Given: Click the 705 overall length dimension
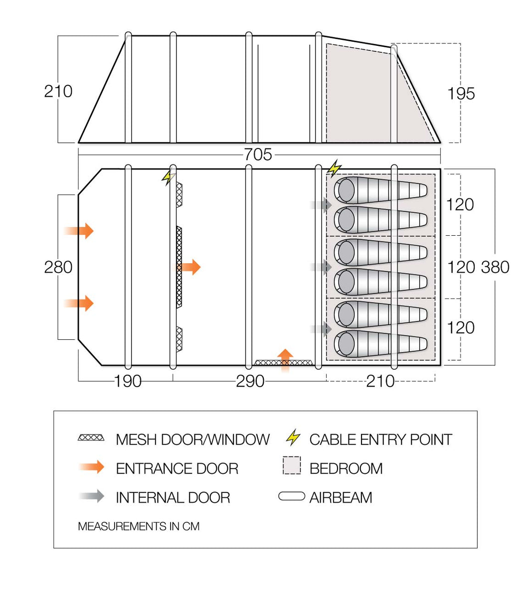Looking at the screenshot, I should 258,154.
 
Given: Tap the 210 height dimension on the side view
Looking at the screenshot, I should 58,91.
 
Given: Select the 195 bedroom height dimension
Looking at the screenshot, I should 461,94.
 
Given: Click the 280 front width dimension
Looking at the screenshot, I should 58,267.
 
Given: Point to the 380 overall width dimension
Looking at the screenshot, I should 495,267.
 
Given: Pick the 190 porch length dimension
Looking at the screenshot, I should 128,381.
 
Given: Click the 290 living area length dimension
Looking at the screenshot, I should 250,381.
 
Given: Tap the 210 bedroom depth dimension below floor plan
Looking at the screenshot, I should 380,381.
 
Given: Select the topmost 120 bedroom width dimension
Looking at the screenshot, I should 460,204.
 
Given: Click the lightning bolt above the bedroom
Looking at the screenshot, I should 334,168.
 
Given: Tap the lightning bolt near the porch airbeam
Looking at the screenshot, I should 169,177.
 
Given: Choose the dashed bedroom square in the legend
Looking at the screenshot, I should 292,465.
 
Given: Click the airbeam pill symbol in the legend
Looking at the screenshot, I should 292,496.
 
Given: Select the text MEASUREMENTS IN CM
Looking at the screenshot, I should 139,526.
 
